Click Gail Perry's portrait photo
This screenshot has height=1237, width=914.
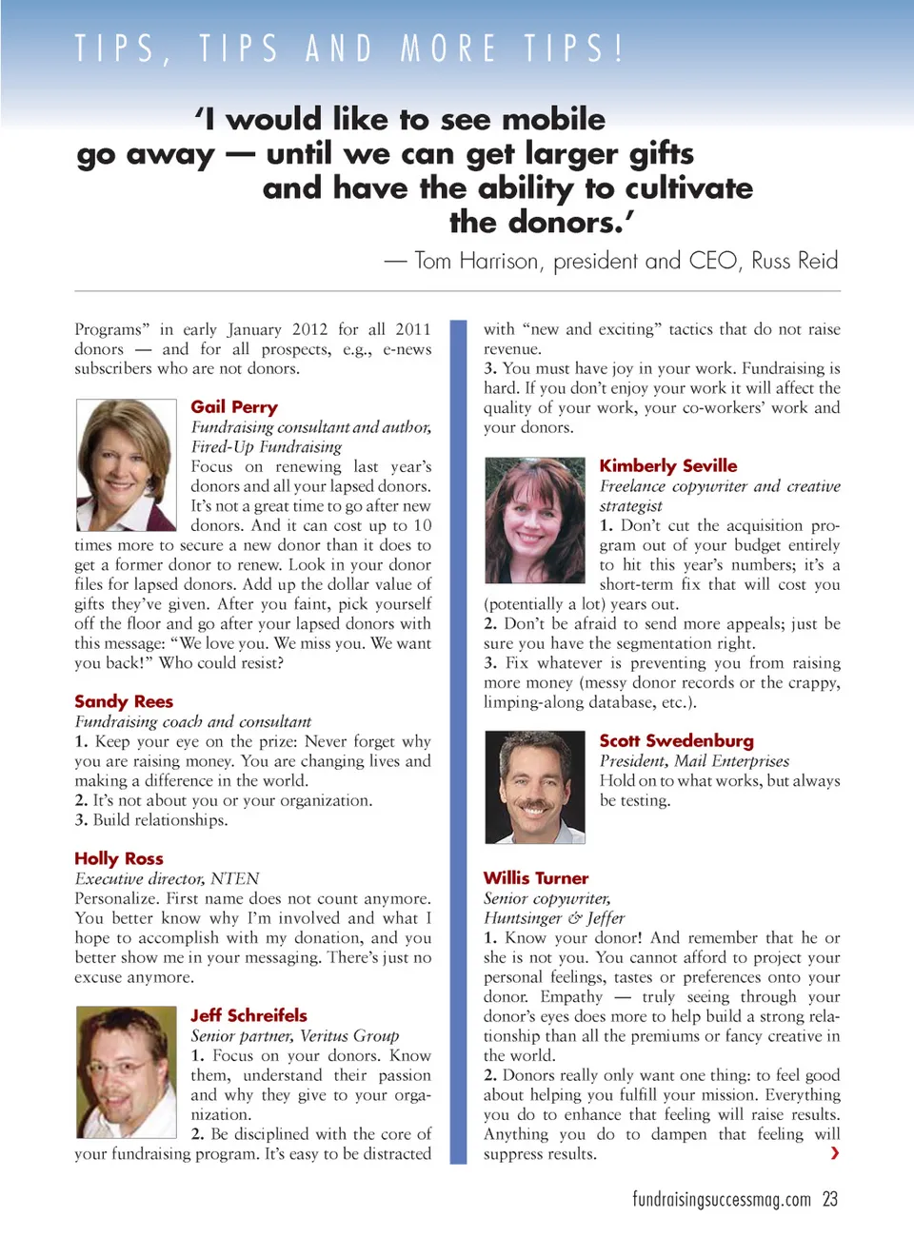coord(126,464)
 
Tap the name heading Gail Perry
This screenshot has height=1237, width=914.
coord(234,407)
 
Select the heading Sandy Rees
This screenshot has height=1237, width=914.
coord(124,701)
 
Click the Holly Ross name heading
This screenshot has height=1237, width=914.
coord(119,858)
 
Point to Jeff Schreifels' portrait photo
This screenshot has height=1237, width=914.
coord(126,1071)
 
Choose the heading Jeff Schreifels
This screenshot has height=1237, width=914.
coord(248,1015)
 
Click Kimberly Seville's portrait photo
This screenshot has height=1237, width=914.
coord(534,520)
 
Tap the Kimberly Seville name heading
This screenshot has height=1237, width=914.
coord(668,465)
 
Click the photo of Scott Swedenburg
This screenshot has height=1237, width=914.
coord(534,787)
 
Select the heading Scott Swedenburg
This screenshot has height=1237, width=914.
coord(676,740)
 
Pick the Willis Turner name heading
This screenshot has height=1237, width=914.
coord(536,877)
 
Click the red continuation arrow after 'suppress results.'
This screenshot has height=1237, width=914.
coord(835,1153)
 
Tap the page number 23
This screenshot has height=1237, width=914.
coord(830,1199)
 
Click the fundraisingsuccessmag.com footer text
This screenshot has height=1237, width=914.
coord(722,1199)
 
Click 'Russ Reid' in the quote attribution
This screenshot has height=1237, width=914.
coord(795,261)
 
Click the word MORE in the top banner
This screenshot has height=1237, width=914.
coord(449,48)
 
